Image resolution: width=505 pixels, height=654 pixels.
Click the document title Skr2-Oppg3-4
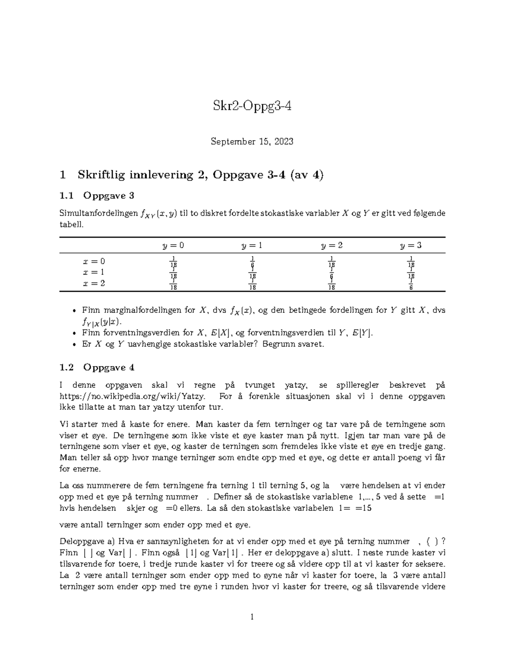point(252,107)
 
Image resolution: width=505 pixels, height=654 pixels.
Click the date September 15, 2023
point(252,141)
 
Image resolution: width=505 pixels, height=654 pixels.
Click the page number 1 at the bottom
point(252,617)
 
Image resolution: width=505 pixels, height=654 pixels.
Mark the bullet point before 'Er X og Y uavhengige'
point(74,344)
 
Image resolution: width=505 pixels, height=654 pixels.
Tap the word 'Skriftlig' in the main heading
point(100,175)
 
